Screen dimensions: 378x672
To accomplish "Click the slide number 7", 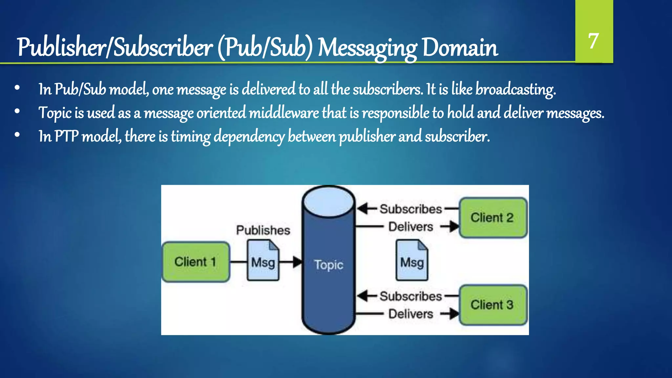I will point(593,41).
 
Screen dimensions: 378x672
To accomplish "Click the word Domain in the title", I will point(460,48).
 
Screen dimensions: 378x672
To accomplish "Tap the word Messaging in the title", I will point(367,48).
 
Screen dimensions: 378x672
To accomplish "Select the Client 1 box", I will point(196,262).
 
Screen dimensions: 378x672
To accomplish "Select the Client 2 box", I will point(493,218).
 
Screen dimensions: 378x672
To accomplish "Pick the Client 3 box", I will point(493,305).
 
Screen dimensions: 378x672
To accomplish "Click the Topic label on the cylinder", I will point(328,265).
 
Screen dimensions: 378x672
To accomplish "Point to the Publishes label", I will point(263,230).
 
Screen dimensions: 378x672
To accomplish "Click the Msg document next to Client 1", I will point(263,261).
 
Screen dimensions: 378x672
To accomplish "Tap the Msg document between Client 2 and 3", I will point(412,261).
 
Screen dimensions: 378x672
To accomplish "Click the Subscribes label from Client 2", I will point(411,209).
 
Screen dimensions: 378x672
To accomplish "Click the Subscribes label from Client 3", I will point(411,296).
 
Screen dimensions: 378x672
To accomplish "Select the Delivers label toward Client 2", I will point(410,227).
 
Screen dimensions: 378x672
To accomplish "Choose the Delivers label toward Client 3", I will point(410,314).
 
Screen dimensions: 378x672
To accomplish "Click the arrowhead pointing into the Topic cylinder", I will point(297,262).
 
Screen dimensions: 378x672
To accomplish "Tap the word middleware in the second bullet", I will point(283,113).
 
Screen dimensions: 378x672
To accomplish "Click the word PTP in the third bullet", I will point(67,136).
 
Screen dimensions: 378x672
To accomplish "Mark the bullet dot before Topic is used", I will point(17,112).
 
